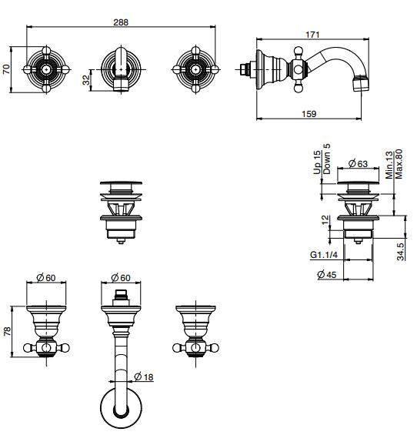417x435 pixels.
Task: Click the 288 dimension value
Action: click(121, 22)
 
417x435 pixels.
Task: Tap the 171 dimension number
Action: click(312, 35)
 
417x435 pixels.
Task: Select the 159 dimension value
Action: click(309, 114)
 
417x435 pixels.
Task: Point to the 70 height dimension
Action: click(6, 69)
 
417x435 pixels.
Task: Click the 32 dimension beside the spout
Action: click(86, 80)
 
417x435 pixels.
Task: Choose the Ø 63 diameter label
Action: click(358, 163)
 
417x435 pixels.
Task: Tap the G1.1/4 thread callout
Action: click(324, 254)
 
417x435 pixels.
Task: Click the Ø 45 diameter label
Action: click(327, 275)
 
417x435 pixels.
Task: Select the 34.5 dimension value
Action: click(400, 252)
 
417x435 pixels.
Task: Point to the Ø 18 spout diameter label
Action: click(143, 376)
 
